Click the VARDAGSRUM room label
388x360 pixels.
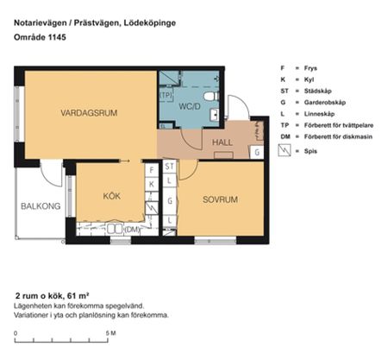pos(89,113)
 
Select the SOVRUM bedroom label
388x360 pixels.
pos(220,199)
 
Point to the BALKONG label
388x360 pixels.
pos(41,206)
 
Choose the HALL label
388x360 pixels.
pos(221,142)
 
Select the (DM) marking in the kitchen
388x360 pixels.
pos(132,229)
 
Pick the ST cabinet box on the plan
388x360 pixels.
pos(170,165)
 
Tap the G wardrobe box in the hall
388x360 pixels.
pos(256,152)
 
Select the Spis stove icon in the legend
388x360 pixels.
pos(284,149)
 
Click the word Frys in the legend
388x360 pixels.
pos(311,66)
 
